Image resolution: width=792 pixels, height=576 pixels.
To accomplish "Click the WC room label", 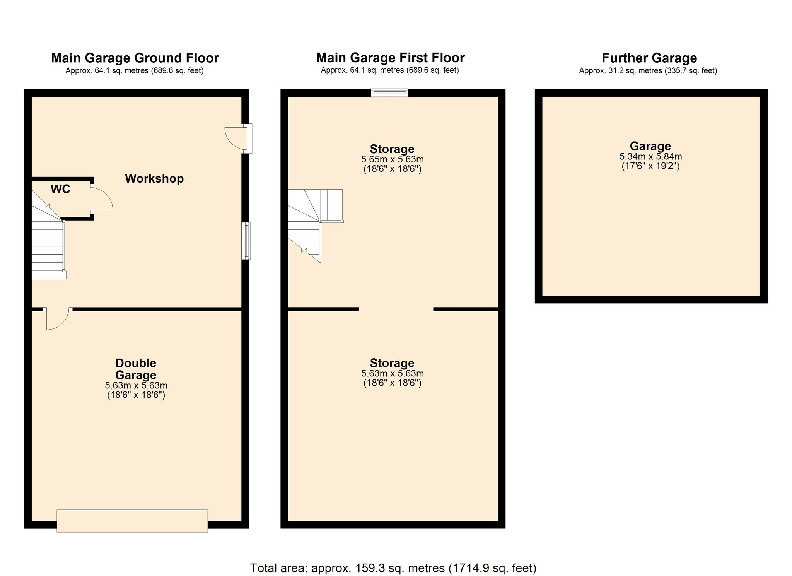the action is point(60,189).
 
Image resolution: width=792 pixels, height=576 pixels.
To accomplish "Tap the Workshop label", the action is point(154,179).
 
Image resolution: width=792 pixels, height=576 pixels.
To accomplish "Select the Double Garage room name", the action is point(136,369).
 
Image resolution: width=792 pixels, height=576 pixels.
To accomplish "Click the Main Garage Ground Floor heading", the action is point(135,58).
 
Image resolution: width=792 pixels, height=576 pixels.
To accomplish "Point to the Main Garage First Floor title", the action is point(390,58).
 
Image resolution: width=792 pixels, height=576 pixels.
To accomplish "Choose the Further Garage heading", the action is point(649,58).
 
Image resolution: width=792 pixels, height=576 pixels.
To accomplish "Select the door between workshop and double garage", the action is point(57,319).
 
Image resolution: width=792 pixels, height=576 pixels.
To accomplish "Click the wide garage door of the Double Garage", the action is point(132,521).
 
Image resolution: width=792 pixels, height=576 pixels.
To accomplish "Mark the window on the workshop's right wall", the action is point(246,241).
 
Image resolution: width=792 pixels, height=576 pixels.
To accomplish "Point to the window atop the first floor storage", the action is point(389,92).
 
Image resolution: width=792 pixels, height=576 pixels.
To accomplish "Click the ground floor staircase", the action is point(48,240).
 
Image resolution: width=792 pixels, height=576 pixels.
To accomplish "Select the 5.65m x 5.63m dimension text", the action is point(393,159).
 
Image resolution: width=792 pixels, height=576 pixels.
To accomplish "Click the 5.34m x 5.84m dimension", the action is point(650,157).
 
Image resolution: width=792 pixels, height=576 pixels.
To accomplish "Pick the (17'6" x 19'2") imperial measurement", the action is point(650,166).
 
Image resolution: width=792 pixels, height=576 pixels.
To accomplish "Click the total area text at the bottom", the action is point(393,568).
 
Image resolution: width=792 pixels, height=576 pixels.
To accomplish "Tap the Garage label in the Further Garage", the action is point(650,146).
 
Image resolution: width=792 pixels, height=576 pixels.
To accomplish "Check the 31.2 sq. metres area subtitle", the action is point(648,71).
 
